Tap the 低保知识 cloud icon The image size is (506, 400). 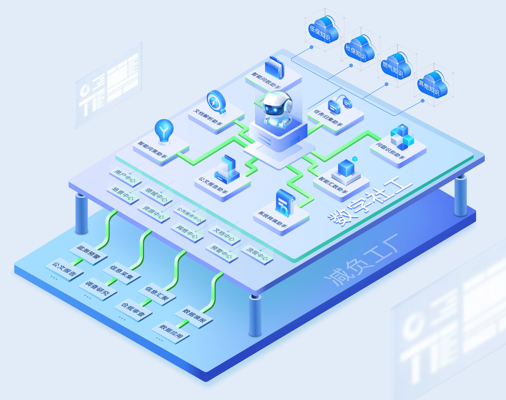coord(323,30)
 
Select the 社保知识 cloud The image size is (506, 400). coord(359,49)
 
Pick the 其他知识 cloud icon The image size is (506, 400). coord(432,85)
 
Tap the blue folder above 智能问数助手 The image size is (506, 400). coord(275,68)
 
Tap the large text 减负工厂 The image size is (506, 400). coord(361,260)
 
